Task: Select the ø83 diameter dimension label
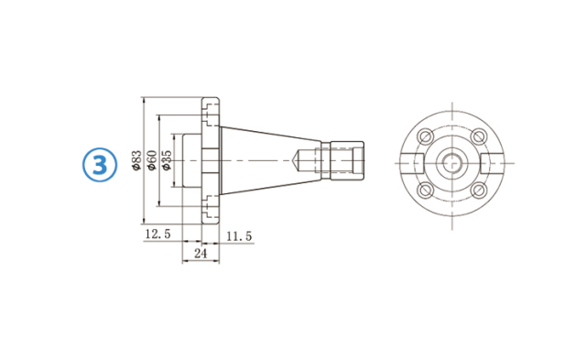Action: tap(137, 160)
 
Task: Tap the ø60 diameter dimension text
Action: tap(153, 160)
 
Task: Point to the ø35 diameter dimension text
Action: tap(167, 160)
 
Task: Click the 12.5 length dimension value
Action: tap(157, 236)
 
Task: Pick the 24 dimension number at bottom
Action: tap(201, 253)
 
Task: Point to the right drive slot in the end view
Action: tap(493, 163)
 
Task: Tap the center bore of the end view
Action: tap(452, 163)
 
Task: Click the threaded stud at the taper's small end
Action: tap(346, 159)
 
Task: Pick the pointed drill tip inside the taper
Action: tap(298, 159)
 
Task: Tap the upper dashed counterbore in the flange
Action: tap(211, 113)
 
